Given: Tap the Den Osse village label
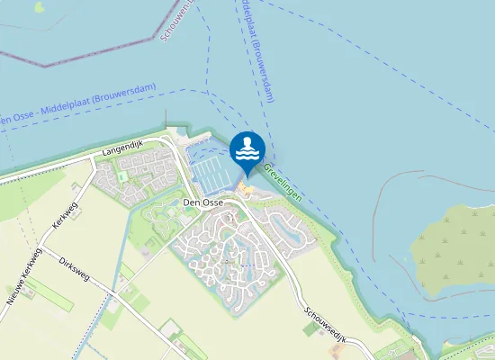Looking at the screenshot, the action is tap(203, 203).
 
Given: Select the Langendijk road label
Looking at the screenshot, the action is tap(123, 143).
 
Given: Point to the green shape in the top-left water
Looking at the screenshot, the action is tap(38, 6).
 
